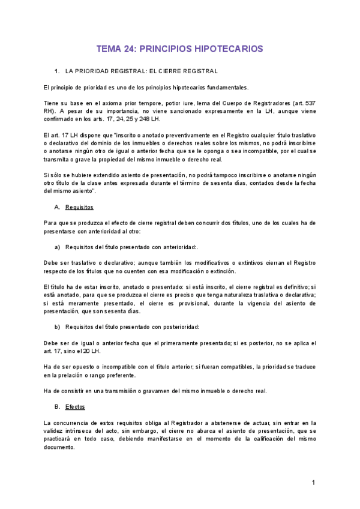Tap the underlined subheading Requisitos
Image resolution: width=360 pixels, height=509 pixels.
point(79,207)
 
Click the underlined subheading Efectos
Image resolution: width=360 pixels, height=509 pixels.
point(76,407)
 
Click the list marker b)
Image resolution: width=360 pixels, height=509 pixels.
point(58,327)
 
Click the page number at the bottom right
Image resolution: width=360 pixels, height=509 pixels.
point(313,483)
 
